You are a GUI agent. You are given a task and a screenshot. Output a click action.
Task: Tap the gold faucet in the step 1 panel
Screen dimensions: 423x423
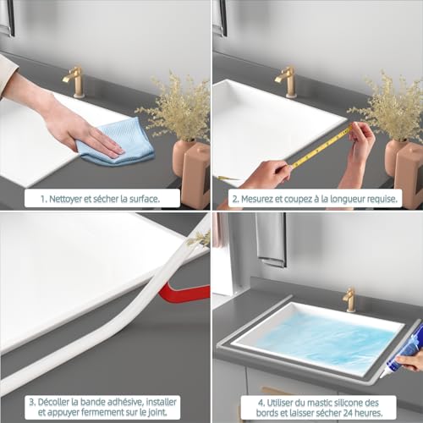click(74, 80)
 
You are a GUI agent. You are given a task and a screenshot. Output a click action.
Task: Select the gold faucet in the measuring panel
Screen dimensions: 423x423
click(288, 80)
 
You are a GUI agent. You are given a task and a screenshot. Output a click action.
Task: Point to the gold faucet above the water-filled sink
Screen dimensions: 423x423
click(349, 299)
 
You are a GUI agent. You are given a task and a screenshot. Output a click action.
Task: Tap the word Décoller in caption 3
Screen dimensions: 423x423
click(50, 400)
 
